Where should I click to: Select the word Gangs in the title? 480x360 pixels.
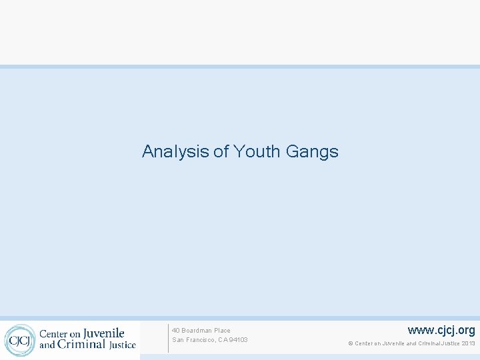point(312,152)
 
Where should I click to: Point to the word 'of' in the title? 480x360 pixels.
point(221,152)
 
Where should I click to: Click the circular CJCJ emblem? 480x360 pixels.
point(19,340)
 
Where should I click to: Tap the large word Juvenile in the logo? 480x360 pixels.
point(103,333)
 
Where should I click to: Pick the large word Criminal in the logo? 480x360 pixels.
point(81,345)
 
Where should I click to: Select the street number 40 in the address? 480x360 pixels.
point(176,331)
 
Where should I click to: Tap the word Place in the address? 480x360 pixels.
point(223,331)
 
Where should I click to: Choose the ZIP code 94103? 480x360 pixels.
point(238,340)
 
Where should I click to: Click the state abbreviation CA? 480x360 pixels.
point(223,340)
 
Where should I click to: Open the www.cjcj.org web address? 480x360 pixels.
point(441,330)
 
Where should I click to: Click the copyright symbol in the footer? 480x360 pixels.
point(350,344)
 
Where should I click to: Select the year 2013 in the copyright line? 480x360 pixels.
point(468,344)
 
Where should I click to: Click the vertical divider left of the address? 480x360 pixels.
point(168,338)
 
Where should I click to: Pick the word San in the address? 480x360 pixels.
point(178,340)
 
